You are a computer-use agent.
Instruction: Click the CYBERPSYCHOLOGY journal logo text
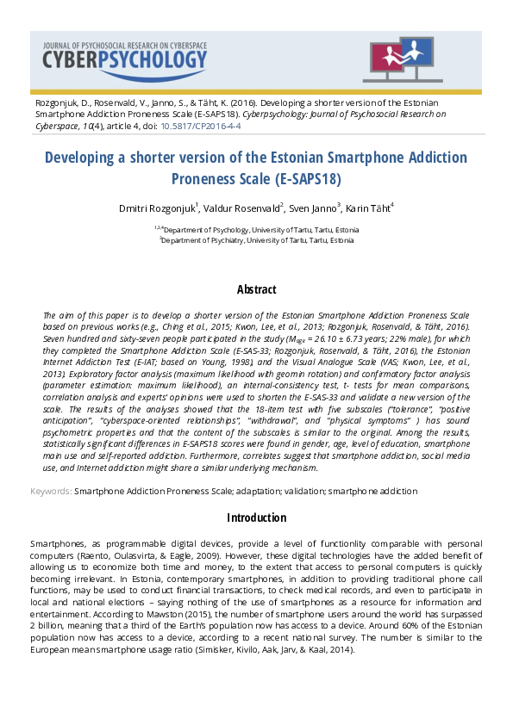125,59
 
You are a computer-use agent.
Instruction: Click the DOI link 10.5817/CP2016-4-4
201,126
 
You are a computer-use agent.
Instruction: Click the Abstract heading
256,289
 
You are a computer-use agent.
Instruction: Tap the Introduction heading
256,517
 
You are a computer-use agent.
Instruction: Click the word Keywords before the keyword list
50,491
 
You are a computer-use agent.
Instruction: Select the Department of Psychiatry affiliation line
257,241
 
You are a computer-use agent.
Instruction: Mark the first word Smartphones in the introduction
59,544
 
